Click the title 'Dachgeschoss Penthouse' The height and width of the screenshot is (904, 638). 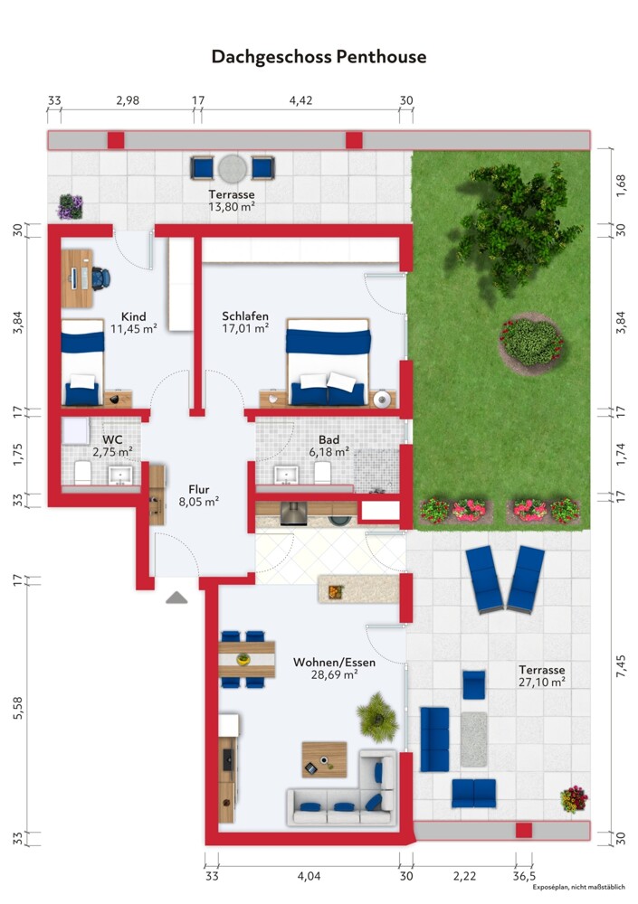[319, 57]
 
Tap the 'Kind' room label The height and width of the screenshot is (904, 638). [133, 316]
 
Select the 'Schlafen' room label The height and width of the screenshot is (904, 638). [245, 315]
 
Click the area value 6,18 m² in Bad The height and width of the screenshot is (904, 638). [329, 452]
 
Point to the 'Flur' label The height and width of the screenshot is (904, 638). [198, 489]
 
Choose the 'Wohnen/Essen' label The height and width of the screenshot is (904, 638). [334, 663]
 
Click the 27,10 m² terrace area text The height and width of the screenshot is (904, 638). [541, 682]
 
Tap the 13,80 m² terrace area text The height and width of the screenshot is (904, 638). [232, 206]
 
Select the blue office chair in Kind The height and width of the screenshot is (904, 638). [100, 278]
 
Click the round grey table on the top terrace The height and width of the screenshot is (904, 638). [233, 169]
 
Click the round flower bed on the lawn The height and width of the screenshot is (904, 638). [531, 343]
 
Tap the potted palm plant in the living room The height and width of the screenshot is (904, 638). [377, 718]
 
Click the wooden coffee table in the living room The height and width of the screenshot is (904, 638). [325, 759]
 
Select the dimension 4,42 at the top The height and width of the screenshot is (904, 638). [300, 100]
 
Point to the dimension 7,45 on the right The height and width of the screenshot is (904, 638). [621, 665]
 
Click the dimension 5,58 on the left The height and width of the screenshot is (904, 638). [18, 708]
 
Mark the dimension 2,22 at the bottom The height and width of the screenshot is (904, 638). [464, 876]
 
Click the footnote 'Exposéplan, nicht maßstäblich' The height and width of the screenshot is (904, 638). [578, 888]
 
